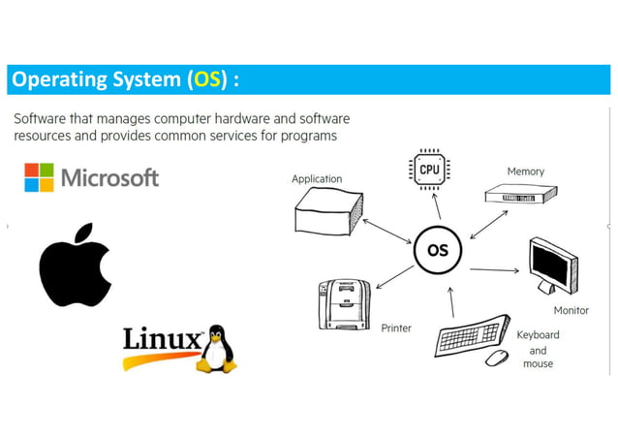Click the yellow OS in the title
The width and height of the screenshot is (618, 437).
click(206, 79)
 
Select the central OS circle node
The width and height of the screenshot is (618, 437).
click(437, 251)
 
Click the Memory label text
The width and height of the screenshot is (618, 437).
click(525, 172)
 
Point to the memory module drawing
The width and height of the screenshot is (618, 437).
click(523, 195)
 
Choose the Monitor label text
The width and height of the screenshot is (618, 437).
click(571, 311)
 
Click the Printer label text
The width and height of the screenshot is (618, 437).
click(396, 328)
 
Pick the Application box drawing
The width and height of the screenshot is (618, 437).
click(328, 210)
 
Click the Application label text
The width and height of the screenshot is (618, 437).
click(317, 179)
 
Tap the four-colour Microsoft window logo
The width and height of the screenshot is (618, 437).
click(40, 177)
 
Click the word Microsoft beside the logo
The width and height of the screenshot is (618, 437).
click(109, 178)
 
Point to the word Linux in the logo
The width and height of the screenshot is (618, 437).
click(162, 340)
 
